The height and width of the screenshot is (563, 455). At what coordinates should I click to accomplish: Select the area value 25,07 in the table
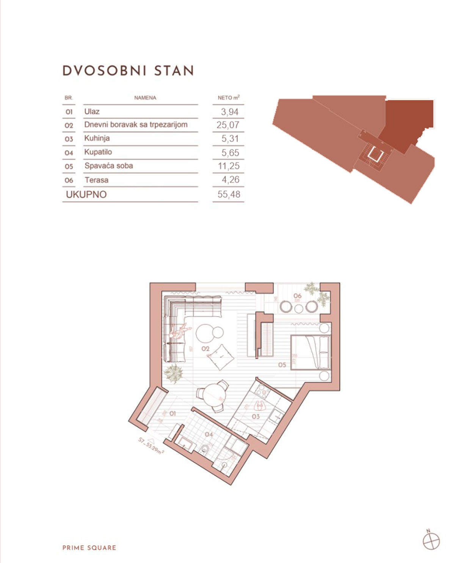pos(227,125)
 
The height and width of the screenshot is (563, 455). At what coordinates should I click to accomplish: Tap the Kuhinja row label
pos(97,138)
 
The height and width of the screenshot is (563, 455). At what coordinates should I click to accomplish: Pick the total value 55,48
pos(229,194)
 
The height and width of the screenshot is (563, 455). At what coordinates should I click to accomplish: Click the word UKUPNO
pos(86,194)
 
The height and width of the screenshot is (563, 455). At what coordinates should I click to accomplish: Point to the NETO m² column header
pos(228,98)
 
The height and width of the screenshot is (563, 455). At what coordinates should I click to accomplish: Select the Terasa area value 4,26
pos(230,180)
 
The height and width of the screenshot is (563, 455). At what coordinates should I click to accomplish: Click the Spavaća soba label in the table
pos(108,166)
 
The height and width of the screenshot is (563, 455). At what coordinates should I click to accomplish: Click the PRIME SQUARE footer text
pos(89,548)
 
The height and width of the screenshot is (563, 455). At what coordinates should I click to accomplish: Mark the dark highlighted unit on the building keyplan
pos(408,121)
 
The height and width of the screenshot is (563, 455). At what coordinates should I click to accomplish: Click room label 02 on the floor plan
pos(205,348)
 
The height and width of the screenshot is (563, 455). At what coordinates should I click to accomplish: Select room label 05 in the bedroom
pos(282,365)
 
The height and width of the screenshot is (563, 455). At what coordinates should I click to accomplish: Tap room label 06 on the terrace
pos(297,296)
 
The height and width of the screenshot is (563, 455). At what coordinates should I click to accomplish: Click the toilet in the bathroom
pos(205,450)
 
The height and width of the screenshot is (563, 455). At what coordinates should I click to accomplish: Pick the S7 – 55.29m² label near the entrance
pos(151,446)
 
